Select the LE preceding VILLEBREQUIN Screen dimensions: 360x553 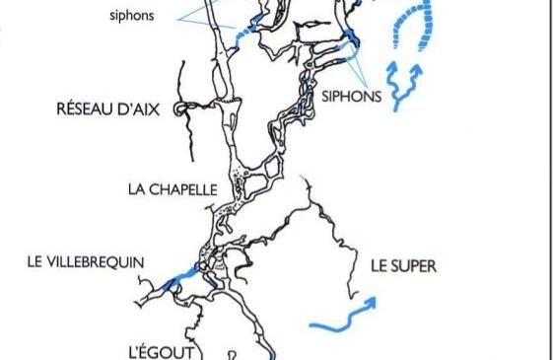(36, 261)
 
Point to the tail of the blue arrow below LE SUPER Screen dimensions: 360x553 (313, 324)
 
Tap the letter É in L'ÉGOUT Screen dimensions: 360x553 (145, 350)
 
